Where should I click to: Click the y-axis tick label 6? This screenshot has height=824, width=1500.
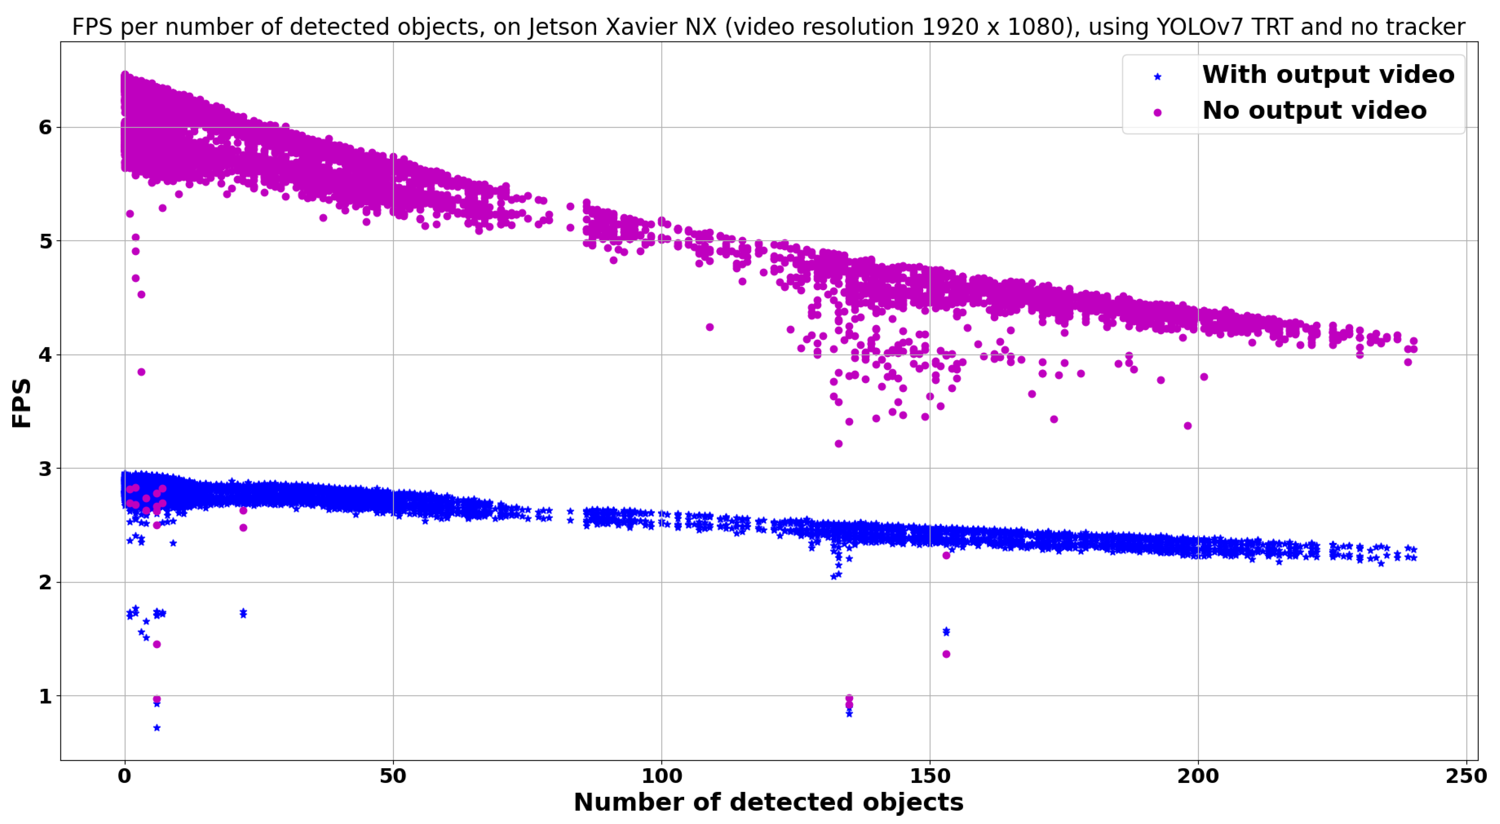45,128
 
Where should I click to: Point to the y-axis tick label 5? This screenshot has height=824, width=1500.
45,241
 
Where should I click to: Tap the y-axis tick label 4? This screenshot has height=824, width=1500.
45,355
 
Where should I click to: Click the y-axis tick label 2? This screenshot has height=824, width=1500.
45,582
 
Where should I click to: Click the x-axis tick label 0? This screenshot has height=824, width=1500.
124,776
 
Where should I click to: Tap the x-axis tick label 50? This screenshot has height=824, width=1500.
393,776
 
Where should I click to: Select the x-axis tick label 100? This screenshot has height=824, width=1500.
662,776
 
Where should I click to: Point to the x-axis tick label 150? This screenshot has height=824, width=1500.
930,776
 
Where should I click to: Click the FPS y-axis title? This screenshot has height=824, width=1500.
21,403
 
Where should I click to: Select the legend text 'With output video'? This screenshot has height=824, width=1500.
1328,74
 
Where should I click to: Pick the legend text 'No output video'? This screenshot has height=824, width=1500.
1314,111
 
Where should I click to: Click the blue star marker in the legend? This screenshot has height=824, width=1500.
1158,76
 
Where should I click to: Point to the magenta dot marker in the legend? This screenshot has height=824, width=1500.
1158,112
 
